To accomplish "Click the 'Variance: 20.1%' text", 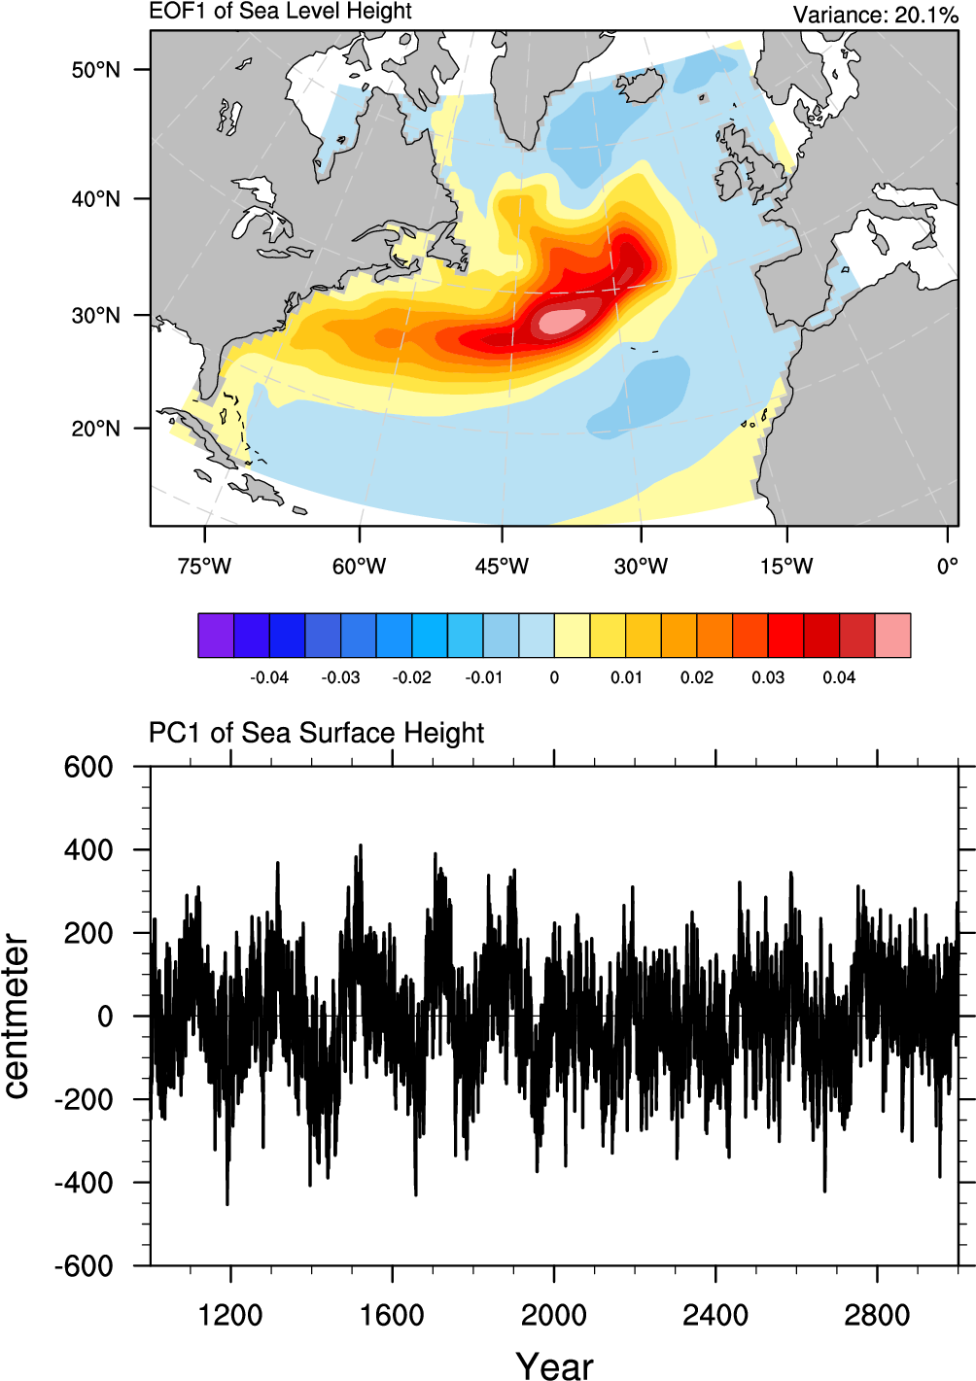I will click(875, 15).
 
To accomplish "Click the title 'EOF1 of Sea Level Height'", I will click(280, 12).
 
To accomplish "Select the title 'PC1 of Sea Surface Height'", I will click(316, 733).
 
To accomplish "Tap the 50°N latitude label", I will click(95, 70).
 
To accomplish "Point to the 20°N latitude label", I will click(95, 429).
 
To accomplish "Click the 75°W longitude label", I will click(204, 566).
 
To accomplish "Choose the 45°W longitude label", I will click(502, 566).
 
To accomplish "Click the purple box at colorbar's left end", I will click(216, 636).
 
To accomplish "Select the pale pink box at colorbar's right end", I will click(893, 636).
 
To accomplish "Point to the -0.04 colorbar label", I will click(269, 677).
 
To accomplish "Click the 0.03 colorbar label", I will click(768, 677).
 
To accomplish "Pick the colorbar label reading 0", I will click(554, 677).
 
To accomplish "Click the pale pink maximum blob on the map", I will click(563, 319).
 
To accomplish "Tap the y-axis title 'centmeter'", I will click(17, 1016).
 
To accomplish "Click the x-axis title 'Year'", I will click(554, 1365).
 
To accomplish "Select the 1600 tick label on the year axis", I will click(392, 1316).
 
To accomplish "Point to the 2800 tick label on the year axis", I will click(877, 1316).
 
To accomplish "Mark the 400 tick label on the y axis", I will click(89, 850).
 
